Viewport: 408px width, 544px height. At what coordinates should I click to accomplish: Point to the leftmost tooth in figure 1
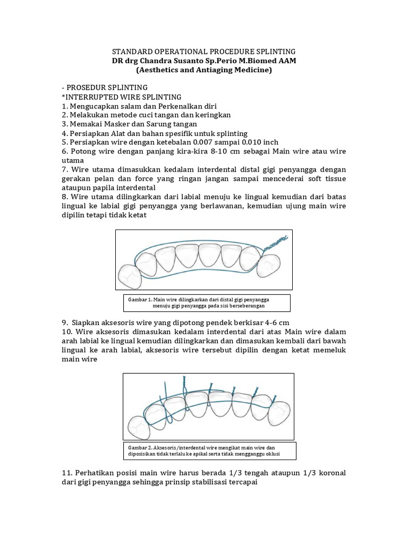pyautogui.click(x=129, y=276)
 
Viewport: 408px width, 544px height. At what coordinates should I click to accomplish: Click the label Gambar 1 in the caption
pyautogui.click(x=140, y=299)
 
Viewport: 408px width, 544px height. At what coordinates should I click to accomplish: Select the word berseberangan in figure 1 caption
pyautogui.click(x=245, y=306)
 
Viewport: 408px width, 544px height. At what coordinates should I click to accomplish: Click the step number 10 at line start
pyautogui.click(x=66, y=332)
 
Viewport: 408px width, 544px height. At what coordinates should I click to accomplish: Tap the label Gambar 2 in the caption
pyautogui.click(x=140, y=447)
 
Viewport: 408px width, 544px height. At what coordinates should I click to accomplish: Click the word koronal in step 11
pyautogui.click(x=329, y=472)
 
